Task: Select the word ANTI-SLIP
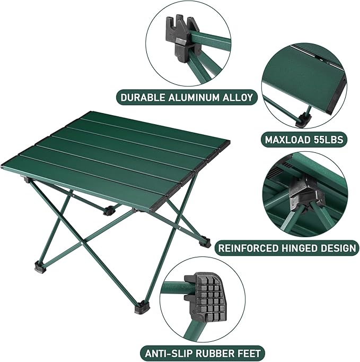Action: click(x=167, y=352)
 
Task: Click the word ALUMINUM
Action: click(x=192, y=98)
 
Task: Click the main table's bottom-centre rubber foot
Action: click(x=142, y=306)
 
